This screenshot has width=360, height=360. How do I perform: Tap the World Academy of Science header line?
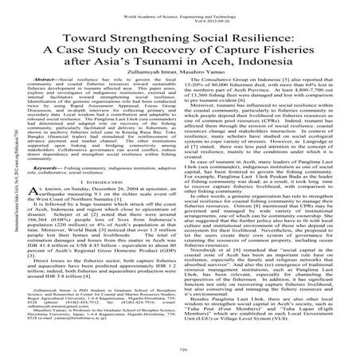[x=180, y=6]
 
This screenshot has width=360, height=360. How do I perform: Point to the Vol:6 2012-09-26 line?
[x=180, y=13]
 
